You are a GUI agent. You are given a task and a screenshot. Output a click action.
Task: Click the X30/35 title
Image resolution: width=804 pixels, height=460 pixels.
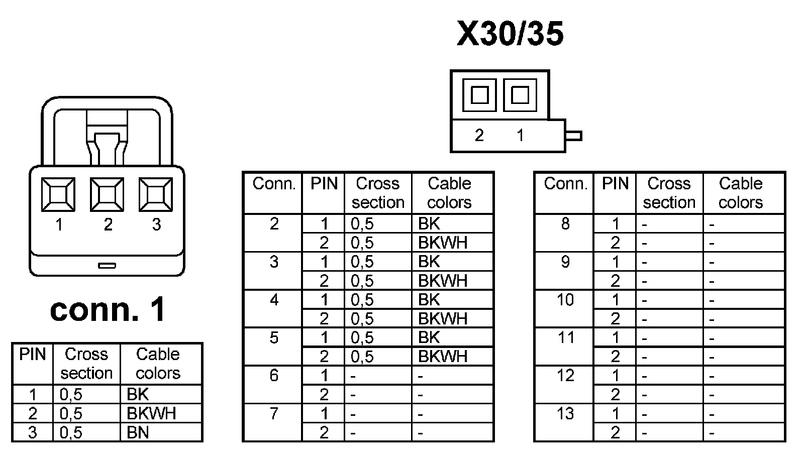tap(510, 34)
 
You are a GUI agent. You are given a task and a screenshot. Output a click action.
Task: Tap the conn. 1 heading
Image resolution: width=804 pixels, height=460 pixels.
tap(108, 309)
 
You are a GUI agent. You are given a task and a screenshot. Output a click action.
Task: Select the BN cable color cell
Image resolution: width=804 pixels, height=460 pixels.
tap(138, 432)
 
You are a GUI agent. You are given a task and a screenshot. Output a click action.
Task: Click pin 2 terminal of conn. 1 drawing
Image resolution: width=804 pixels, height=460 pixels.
tap(107, 194)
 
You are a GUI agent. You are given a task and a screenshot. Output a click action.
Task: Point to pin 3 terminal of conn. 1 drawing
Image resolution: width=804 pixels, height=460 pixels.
tap(156, 194)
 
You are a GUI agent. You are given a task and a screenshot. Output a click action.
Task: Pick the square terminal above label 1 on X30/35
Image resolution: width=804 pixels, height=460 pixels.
tap(520, 95)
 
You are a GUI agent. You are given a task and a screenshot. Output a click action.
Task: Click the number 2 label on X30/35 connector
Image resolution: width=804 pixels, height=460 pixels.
tap(479, 135)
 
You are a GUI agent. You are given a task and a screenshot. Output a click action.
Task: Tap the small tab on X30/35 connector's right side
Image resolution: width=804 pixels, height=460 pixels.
tap(574, 136)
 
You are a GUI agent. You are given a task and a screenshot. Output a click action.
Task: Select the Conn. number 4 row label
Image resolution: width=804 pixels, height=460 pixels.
tap(274, 300)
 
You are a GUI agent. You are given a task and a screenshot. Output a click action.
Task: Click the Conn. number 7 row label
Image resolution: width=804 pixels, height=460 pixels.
tap(274, 414)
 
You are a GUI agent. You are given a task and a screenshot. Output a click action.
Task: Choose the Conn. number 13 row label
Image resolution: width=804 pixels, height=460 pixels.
tap(565, 414)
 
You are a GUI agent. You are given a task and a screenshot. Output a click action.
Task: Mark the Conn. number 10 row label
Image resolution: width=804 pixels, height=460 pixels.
tap(565, 300)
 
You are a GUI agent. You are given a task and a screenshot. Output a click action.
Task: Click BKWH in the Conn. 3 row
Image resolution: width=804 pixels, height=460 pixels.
tap(443, 281)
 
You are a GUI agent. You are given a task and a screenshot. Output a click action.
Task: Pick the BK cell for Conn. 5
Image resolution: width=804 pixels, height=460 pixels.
tap(429, 337)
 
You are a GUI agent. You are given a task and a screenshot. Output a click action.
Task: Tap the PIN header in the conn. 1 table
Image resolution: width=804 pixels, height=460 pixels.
tap(33, 355)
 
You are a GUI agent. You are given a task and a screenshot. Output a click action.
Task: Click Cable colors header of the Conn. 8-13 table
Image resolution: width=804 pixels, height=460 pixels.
tap(741, 193)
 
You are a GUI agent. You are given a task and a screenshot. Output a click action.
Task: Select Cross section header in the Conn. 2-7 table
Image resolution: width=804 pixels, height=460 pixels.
tap(378, 193)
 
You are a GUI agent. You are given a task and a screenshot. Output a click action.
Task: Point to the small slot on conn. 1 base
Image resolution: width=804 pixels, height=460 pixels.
tap(107, 265)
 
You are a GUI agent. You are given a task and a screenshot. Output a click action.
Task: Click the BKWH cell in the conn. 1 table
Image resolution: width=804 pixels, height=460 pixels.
tap(151, 413)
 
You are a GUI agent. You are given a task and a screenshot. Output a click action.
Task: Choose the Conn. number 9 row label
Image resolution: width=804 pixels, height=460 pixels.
tap(565, 262)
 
